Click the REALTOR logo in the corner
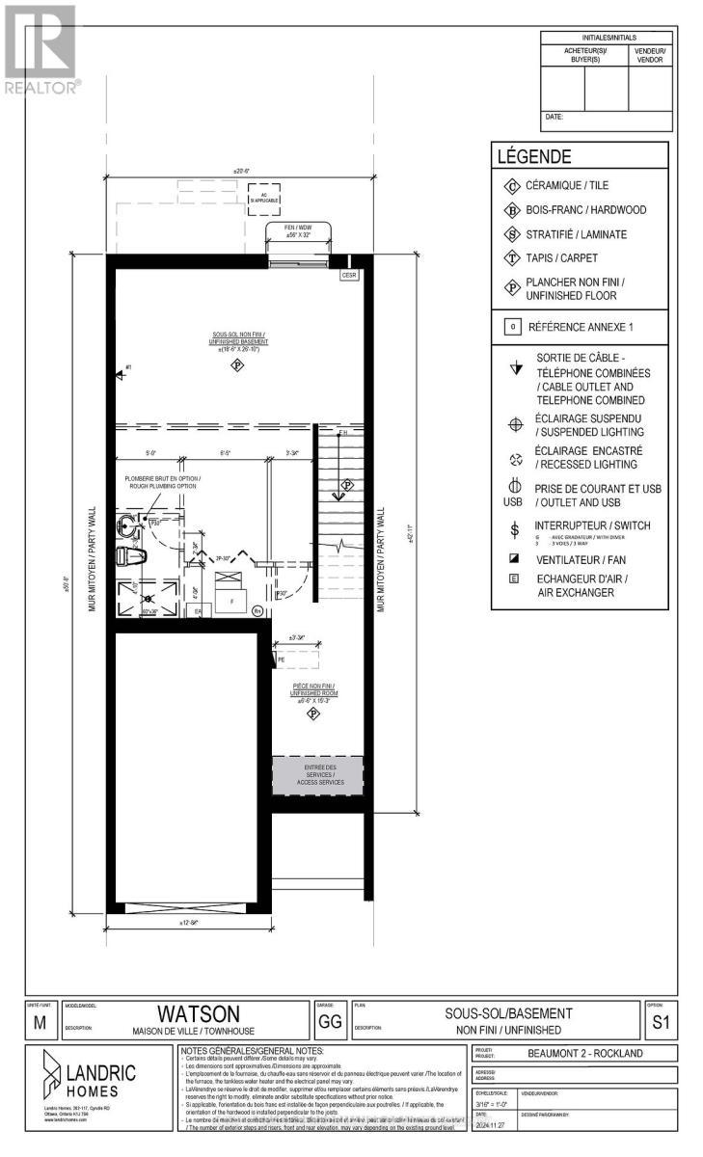click(41, 48)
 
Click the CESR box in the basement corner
click(349, 275)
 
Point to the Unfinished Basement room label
click(236, 343)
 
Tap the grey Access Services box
click(319, 774)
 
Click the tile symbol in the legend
click(511, 185)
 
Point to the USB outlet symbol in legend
click(512, 494)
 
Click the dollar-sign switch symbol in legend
click(512, 529)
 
